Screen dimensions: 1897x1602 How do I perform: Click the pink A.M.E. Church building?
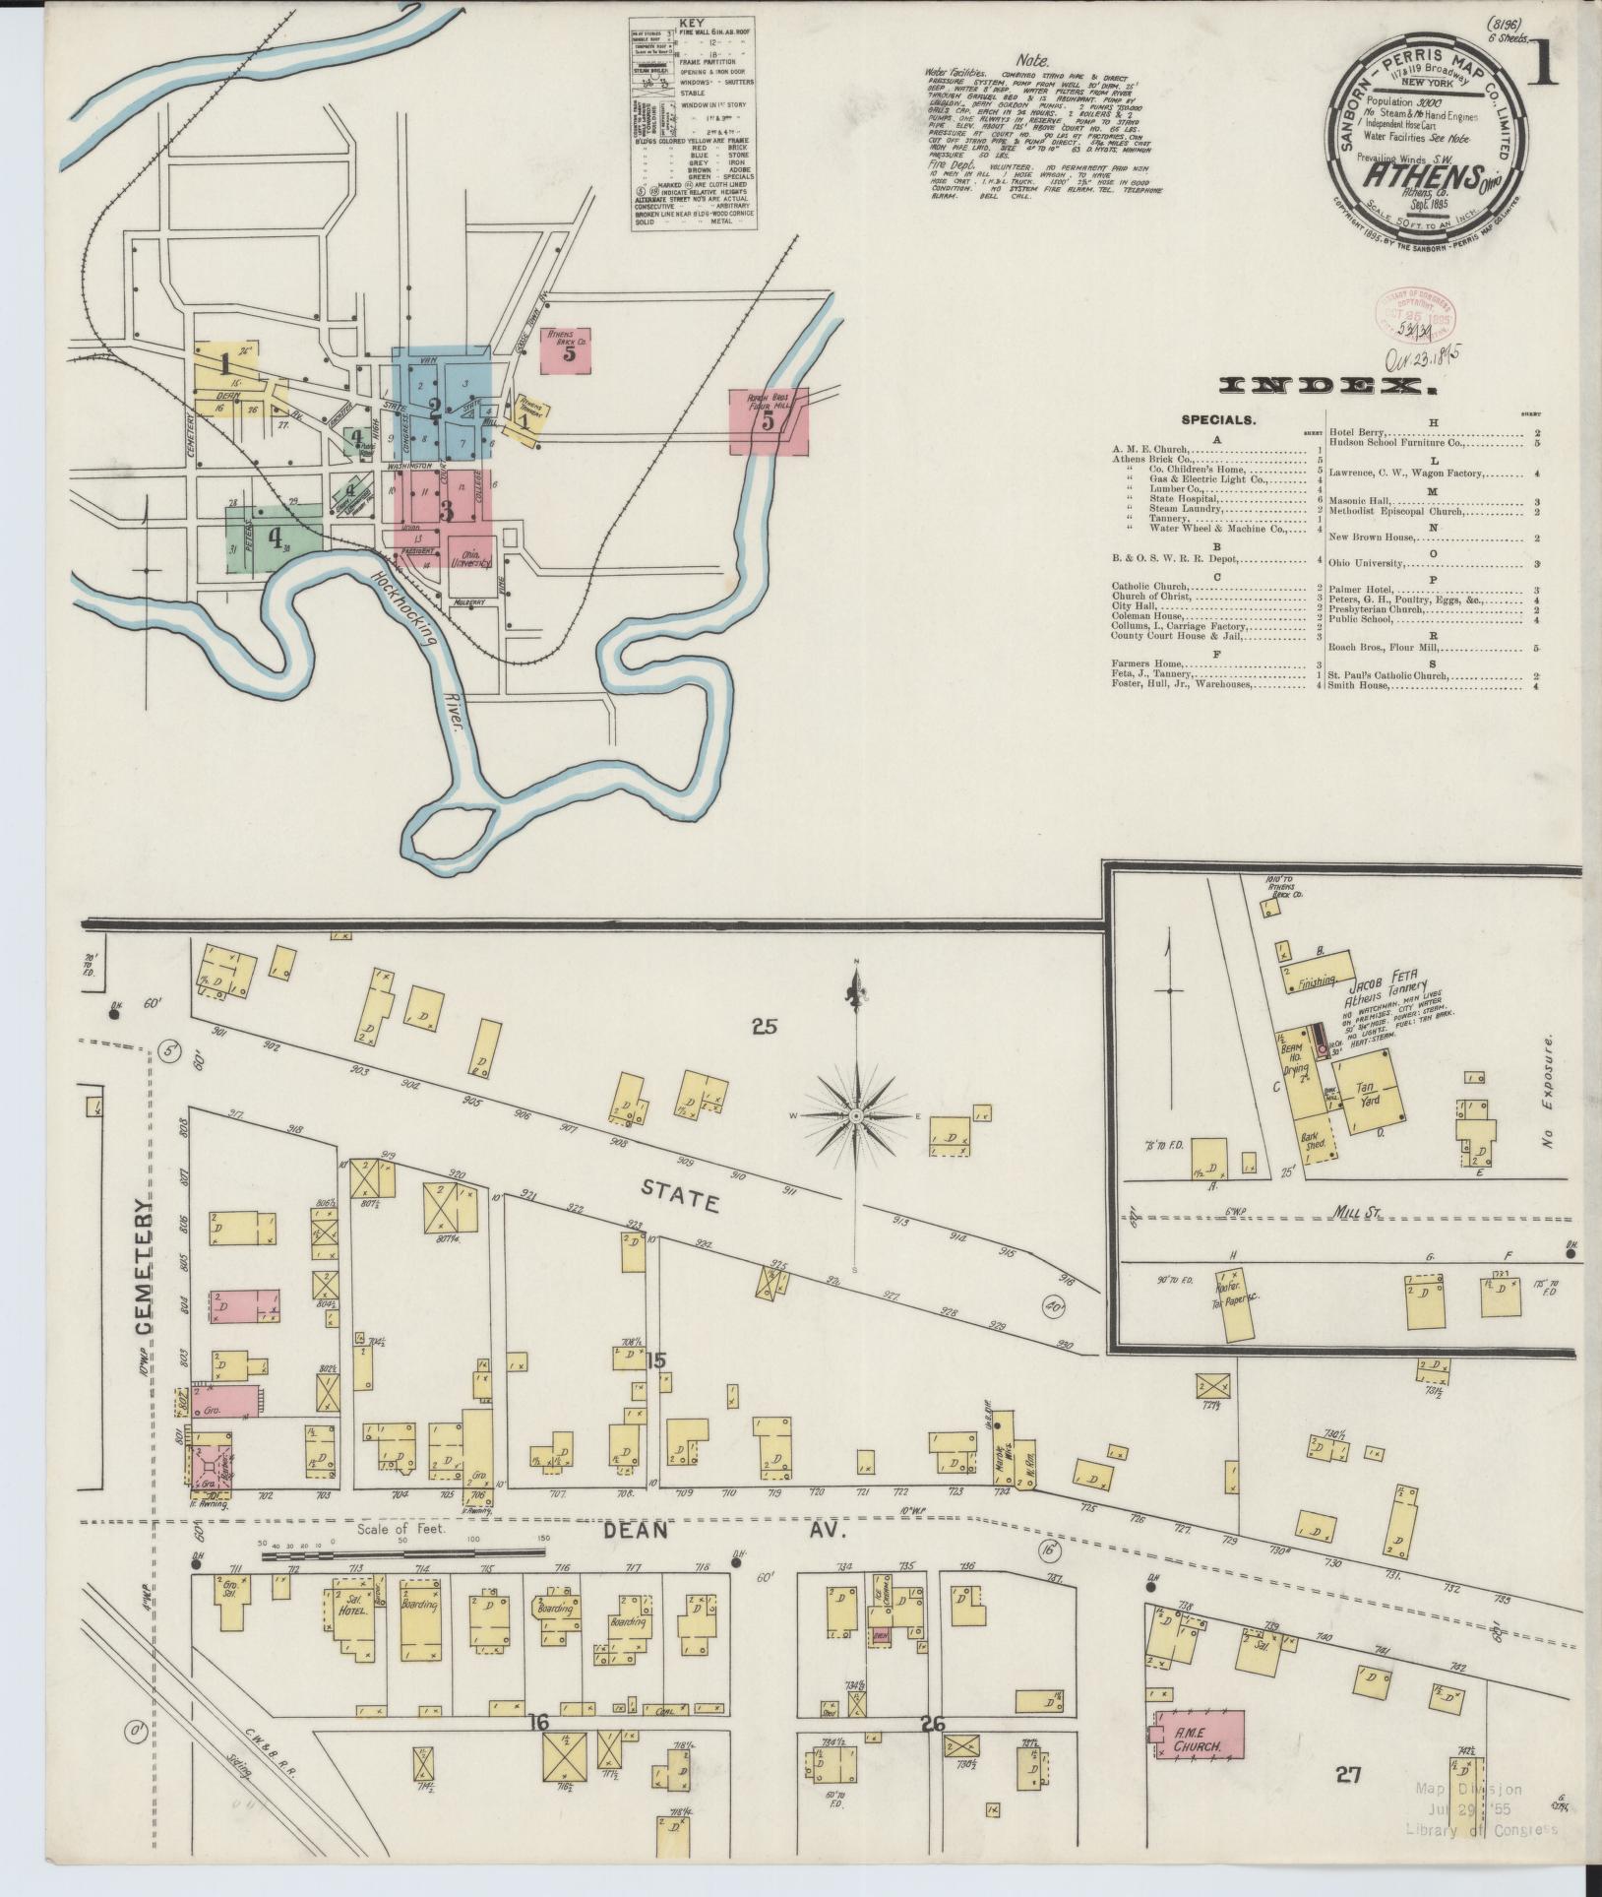[x=1197, y=1733]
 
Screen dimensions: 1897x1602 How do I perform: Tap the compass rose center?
[x=856, y=1115]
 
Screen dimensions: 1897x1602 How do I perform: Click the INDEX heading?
[x=1325, y=387]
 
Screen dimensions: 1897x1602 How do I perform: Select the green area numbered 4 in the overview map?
[x=275, y=538]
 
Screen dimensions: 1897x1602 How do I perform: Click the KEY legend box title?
[x=695, y=24]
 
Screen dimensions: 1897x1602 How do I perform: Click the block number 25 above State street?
[x=764, y=1027]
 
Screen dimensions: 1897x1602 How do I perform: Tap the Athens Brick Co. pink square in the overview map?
[x=567, y=349]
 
